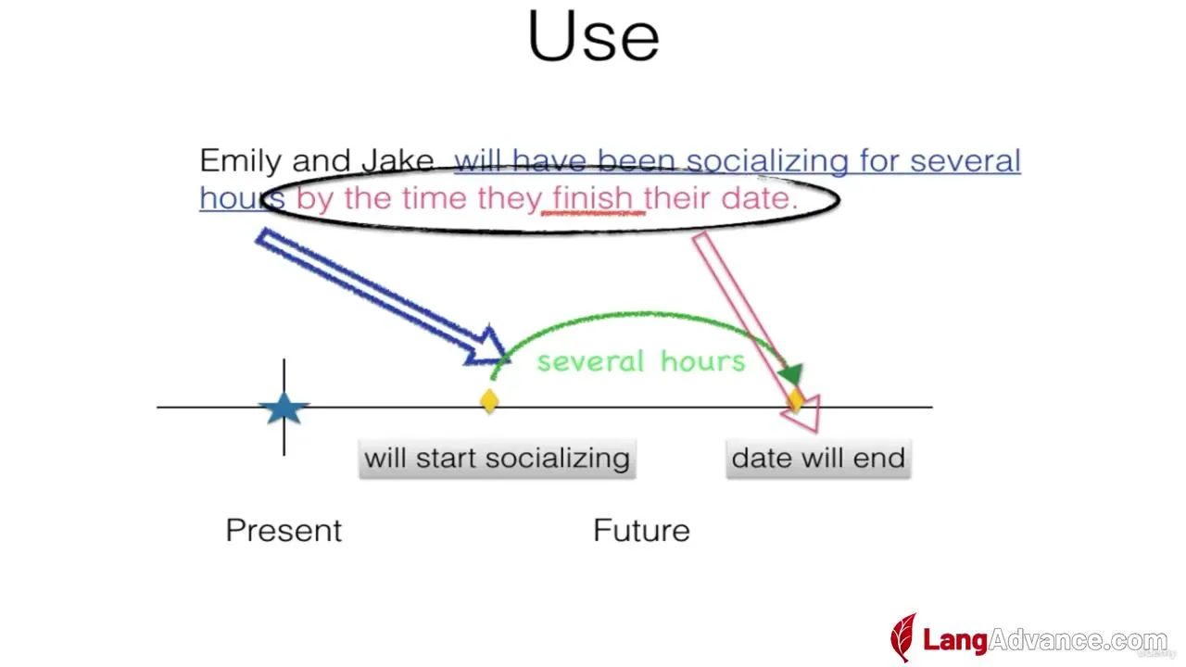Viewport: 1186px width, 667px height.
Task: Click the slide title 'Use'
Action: (593, 36)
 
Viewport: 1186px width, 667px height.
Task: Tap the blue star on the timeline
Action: (284, 409)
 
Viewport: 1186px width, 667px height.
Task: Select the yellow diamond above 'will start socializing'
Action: (489, 401)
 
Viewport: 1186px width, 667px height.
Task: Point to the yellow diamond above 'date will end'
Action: (796, 399)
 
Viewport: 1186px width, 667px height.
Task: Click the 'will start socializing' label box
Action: (498, 459)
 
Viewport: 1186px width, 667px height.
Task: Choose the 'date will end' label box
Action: (818, 459)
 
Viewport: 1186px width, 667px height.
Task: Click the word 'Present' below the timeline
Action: (284, 530)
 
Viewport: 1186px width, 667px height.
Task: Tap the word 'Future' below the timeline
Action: (641, 530)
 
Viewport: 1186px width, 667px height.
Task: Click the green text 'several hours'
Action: (641, 361)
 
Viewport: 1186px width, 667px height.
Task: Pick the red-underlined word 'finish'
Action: (593, 198)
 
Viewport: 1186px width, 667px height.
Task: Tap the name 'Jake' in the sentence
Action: (398, 160)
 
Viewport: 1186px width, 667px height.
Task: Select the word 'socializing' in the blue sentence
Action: (768, 161)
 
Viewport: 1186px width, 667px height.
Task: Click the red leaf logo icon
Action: (903, 637)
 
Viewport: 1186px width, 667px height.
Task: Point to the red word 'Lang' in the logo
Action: (955, 640)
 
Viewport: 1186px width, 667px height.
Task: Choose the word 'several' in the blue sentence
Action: (965, 161)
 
